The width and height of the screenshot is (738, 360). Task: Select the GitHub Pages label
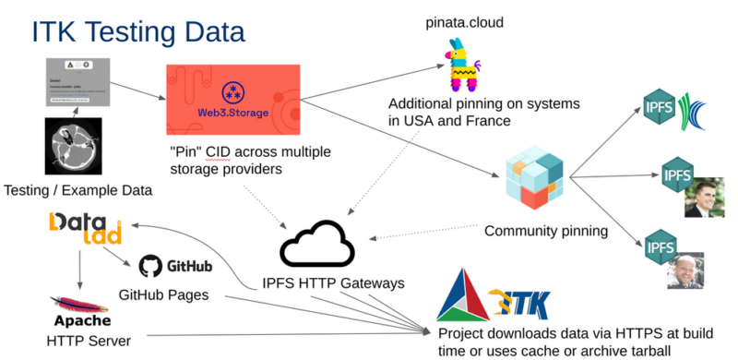click(165, 295)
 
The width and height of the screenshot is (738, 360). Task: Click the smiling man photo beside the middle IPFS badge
click(704, 196)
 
